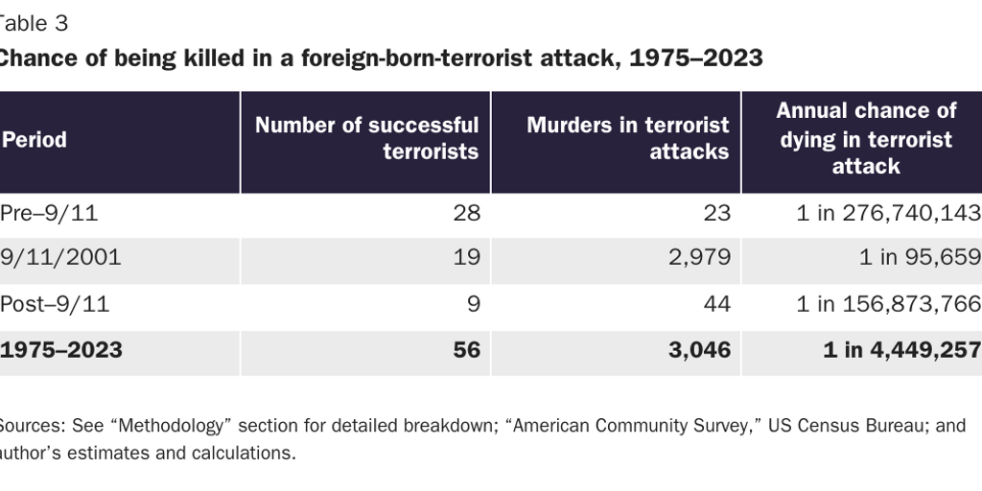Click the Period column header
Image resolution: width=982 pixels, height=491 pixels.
point(35,140)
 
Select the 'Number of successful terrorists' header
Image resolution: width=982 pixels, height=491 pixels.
point(366,139)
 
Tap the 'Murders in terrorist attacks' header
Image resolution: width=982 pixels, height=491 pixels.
point(627,139)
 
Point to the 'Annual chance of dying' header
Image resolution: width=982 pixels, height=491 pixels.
point(866,138)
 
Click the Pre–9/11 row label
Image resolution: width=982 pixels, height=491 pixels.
point(49,213)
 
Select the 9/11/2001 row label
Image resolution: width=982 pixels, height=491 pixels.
point(60,258)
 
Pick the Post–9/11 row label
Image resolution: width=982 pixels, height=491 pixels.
point(55,305)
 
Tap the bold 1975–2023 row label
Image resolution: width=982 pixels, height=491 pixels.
point(61,350)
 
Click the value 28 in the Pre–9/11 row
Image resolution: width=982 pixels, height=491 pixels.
point(466,213)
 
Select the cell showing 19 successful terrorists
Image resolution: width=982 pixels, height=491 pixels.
point(467,258)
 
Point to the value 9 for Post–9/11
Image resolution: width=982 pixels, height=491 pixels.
point(473,305)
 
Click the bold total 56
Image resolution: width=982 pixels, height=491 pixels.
point(466,350)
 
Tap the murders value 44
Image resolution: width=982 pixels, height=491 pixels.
point(716,305)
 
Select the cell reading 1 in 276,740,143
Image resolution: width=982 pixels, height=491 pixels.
point(888,213)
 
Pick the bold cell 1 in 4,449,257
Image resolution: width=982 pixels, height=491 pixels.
point(901,350)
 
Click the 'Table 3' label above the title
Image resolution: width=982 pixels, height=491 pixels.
point(34,23)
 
